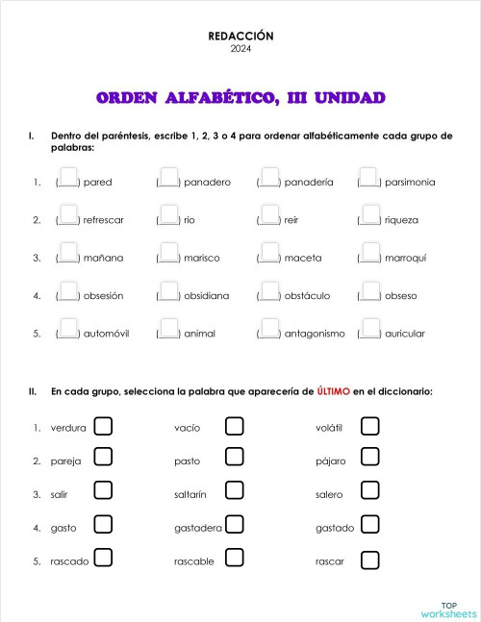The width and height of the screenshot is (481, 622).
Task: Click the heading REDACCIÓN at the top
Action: coord(240,36)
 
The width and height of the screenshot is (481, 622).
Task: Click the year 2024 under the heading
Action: coord(240,48)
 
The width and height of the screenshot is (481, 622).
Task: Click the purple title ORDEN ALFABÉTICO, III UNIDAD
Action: coord(240,98)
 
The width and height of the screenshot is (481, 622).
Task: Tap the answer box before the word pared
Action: coord(67,180)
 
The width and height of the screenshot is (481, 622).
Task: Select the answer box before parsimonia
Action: coord(368,180)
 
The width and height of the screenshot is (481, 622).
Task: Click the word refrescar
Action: coord(104,220)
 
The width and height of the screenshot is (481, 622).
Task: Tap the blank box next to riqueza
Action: coord(368,218)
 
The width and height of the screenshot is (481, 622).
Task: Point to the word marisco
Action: coord(203,258)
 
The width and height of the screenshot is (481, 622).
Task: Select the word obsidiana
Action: coord(207,296)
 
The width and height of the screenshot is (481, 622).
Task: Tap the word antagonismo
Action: coord(315,334)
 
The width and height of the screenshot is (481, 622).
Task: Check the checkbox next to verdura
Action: coord(103,425)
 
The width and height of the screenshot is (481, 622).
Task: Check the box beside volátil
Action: coord(369,425)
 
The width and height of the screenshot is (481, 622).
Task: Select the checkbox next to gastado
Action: coord(369,525)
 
